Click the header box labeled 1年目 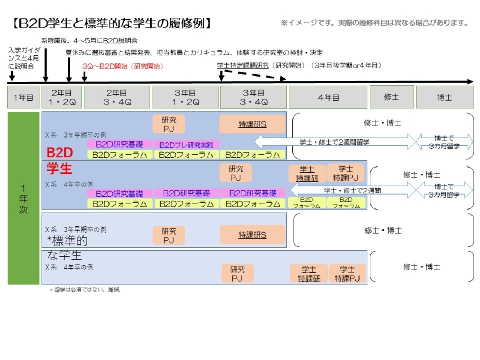[x=23, y=97]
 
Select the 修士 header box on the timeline [x=391, y=97]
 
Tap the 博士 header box [x=444, y=97]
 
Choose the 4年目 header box [x=328, y=97]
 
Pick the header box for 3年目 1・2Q [x=185, y=97]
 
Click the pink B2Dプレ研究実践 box [x=186, y=145]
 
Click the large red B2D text [x=60, y=153]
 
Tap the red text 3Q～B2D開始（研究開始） [x=123, y=66]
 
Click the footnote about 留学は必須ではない [x=85, y=289]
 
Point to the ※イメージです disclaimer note [x=374, y=22]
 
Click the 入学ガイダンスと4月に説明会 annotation [x=24, y=58]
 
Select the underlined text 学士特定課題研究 [x=243, y=65]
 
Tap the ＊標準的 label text [x=67, y=240]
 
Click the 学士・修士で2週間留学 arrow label [x=334, y=142]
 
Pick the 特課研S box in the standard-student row [x=252, y=235]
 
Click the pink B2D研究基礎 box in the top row [x=119, y=144]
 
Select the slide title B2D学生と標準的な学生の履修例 [x=111, y=23]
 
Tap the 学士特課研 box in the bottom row [x=309, y=273]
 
